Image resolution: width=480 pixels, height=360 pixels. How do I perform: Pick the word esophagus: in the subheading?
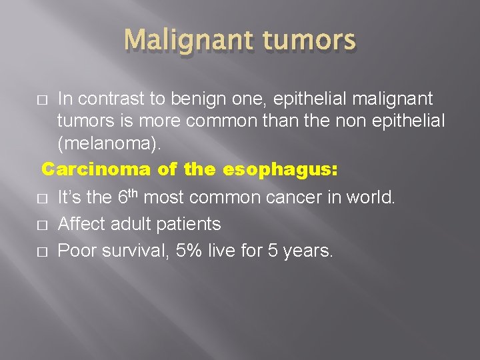280,169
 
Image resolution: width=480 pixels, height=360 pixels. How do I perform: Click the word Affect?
81,224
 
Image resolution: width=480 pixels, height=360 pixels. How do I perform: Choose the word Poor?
75,251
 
